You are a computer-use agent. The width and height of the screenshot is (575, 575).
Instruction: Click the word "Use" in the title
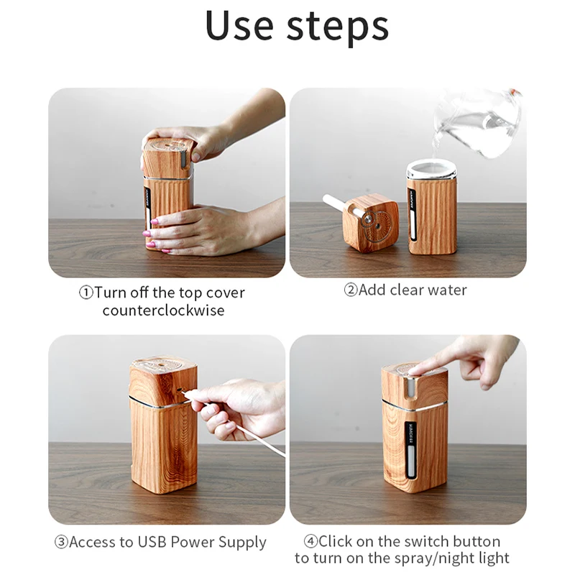coord(239,27)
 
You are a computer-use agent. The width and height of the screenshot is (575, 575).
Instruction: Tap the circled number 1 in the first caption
coord(86,293)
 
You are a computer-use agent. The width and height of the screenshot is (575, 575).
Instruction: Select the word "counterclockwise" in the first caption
coord(163,310)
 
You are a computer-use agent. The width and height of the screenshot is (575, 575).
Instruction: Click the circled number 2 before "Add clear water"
coord(350,290)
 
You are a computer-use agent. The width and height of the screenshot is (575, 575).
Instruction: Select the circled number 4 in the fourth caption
coord(309,541)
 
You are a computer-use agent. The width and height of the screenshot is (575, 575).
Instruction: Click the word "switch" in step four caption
coord(421,541)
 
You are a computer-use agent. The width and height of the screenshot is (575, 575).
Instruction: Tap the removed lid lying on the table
coord(369,222)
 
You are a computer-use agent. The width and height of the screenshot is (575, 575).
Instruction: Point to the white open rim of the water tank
coord(432,170)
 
